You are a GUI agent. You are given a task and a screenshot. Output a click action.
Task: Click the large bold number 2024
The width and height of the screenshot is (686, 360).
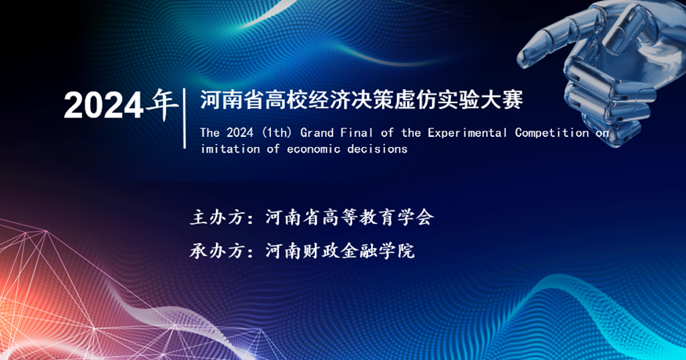pyautogui.click(x=103, y=106)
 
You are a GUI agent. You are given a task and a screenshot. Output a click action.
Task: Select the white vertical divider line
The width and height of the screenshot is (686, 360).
pyautogui.click(x=185, y=118)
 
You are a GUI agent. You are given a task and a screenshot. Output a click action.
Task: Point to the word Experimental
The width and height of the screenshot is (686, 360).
pyautogui.click(x=468, y=132)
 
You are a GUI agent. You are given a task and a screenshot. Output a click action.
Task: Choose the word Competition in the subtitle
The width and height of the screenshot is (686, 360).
pyautogui.click(x=551, y=132)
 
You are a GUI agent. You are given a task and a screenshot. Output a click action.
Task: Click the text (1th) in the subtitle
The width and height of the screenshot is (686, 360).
pyautogui.click(x=277, y=132)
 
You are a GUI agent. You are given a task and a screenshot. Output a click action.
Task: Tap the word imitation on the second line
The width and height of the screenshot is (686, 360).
pyautogui.click(x=230, y=149)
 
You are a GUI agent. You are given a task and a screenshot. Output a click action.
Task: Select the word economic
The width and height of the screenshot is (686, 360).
pyautogui.click(x=314, y=149)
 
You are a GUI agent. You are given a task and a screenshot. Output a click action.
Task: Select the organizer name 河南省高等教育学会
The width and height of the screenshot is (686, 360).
pyautogui.click(x=349, y=218)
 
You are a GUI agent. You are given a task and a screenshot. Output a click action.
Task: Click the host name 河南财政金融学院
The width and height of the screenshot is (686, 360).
pyautogui.click(x=340, y=251)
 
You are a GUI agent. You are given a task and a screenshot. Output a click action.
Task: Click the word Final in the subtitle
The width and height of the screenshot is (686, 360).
pyautogui.click(x=357, y=132)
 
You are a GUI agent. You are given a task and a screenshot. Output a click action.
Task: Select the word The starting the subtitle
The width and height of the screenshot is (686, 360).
pyautogui.click(x=209, y=132)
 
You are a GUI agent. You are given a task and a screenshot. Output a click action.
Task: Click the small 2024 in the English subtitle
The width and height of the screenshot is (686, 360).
pyautogui.click(x=240, y=132)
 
